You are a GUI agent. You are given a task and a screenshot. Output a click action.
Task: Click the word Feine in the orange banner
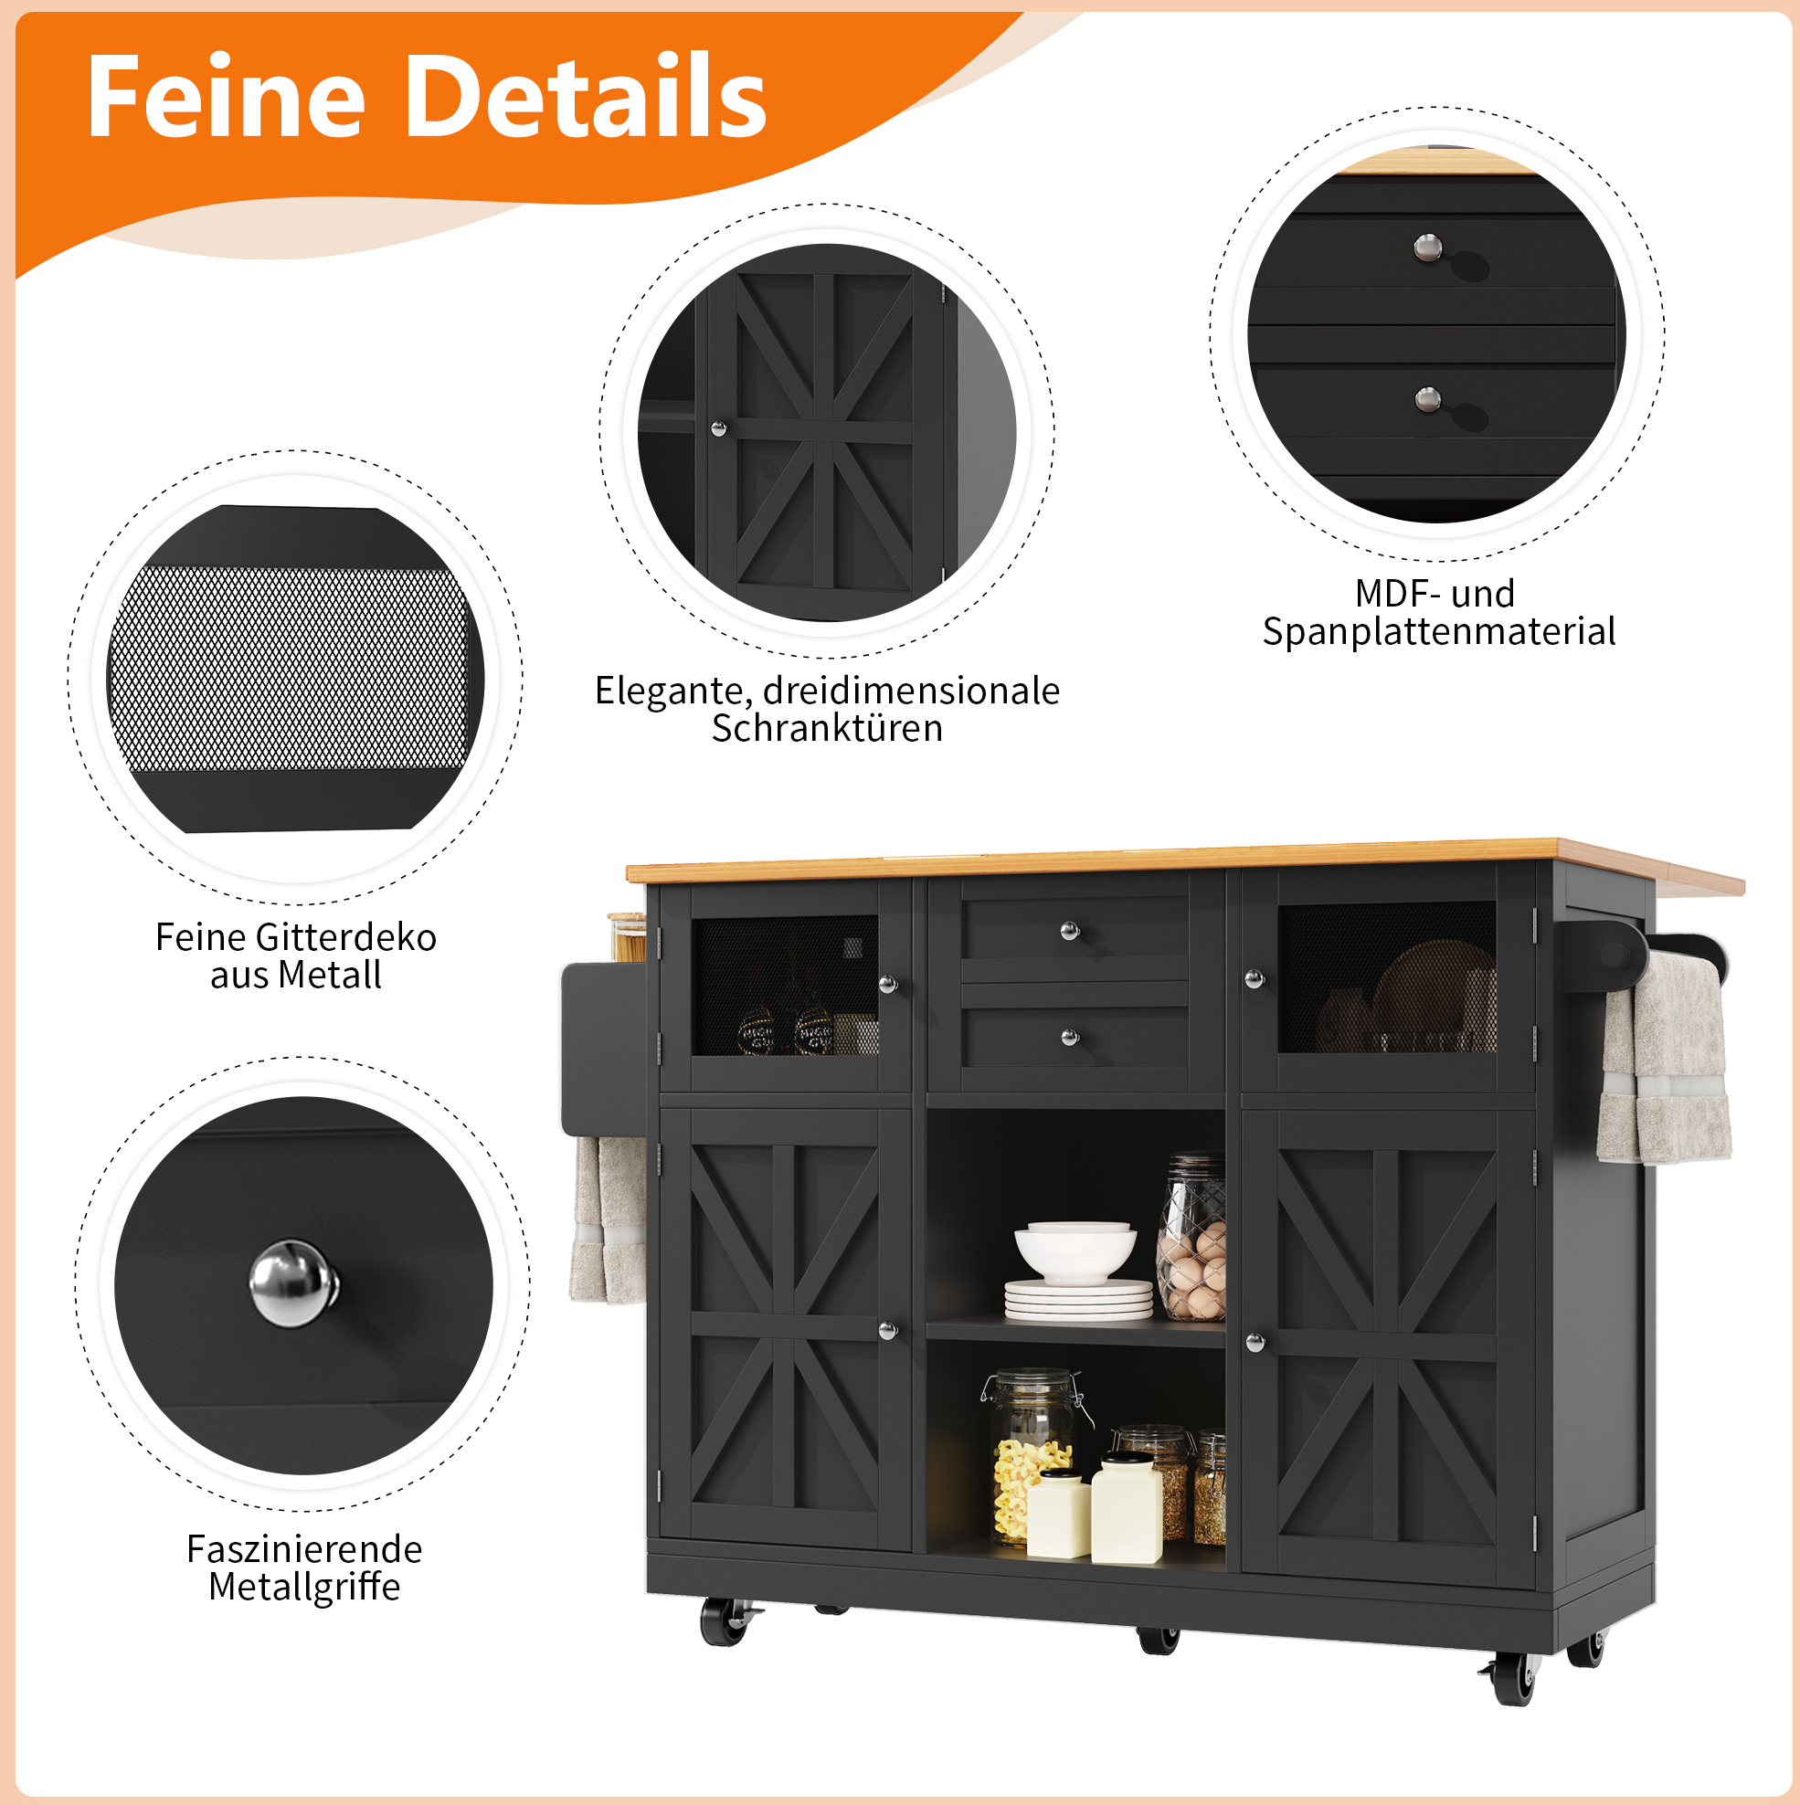[227, 96]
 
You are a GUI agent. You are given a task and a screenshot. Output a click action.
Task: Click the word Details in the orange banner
[587, 96]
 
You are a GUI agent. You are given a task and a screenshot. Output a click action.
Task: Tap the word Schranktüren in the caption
[827, 728]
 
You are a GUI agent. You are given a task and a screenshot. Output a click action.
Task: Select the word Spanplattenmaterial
[1438, 632]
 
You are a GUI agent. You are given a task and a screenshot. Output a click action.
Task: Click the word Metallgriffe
[304, 1587]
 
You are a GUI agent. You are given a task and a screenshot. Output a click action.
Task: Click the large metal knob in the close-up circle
[293, 1282]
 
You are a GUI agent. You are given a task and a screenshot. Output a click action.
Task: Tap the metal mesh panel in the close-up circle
[288, 668]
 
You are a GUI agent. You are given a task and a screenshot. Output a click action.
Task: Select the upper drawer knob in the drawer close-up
[1427, 248]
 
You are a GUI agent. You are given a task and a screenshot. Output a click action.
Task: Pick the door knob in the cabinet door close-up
[719, 428]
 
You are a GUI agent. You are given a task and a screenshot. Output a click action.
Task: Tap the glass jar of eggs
[1191, 1238]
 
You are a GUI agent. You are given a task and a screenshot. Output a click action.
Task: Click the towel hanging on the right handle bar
[1665, 1061]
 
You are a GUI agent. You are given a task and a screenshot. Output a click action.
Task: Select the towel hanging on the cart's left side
[608, 1219]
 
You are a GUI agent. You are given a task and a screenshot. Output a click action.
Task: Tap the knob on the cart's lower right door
[1255, 1343]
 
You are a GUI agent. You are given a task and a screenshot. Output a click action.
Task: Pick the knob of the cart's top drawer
[1070, 931]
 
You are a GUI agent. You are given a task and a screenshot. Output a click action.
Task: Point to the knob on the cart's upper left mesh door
[888, 984]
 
